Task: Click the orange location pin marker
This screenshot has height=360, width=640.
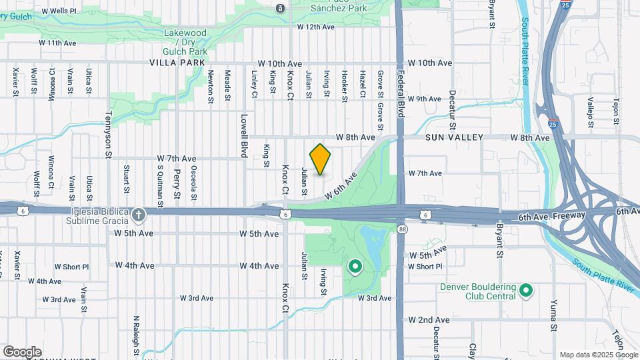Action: (321, 159)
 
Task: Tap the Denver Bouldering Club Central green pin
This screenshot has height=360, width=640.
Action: (526, 291)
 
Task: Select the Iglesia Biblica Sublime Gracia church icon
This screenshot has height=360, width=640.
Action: (138, 215)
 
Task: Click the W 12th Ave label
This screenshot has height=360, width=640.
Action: (316, 27)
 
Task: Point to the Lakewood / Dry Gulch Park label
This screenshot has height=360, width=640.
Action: (186, 41)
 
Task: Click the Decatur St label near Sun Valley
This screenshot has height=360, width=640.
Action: (452, 109)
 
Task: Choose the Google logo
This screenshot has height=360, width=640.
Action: (22, 351)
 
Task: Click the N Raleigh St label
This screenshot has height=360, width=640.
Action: (135, 336)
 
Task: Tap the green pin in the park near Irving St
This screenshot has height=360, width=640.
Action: (355, 267)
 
